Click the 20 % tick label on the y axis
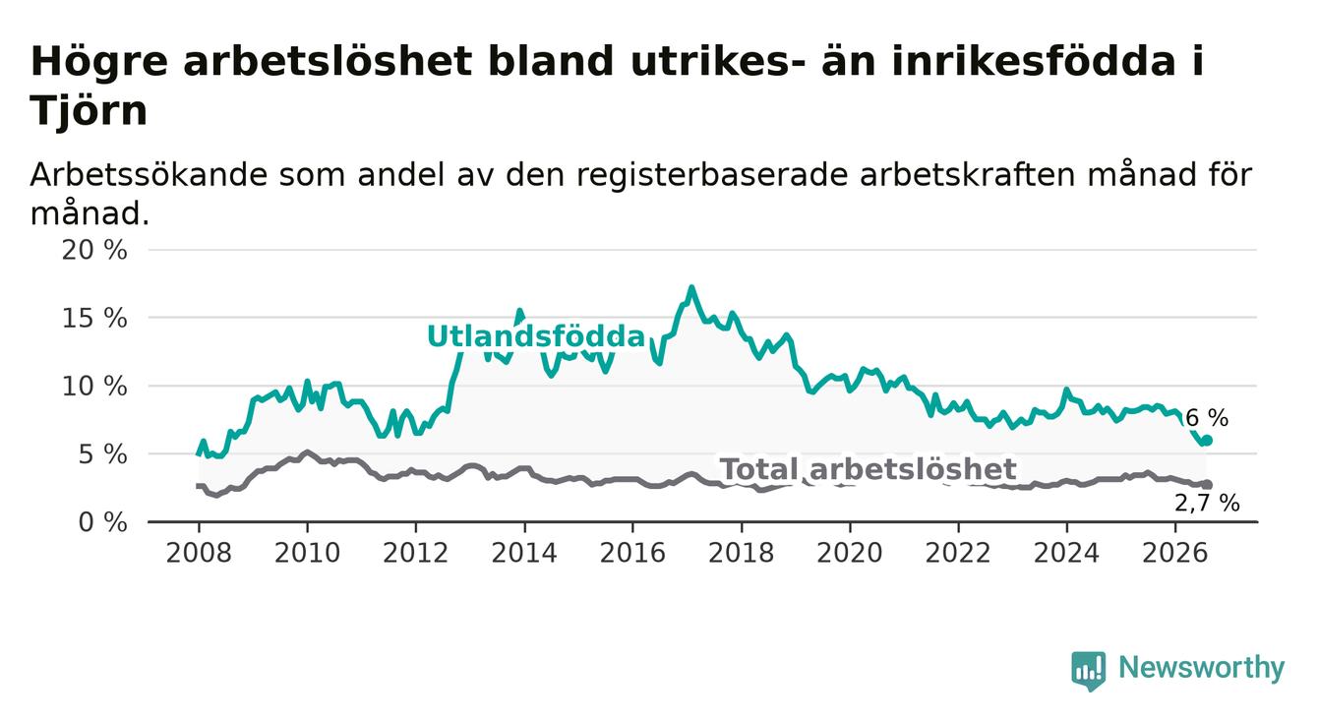(94, 251)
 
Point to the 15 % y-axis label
(94, 319)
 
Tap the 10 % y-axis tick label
(94, 387)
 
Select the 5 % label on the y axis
(103, 454)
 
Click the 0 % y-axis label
(103, 522)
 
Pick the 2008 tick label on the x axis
(199, 553)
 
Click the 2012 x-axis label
(415, 553)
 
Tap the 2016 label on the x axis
(632, 553)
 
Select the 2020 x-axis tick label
(850, 553)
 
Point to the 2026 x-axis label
(1175, 553)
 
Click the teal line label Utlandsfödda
(536, 336)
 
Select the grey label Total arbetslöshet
(869, 469)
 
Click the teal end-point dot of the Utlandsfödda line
(1207, 440)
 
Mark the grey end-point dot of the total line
(1207, 484)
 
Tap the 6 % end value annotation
(1207, 418)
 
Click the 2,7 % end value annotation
(1207, 504)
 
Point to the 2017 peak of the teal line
(691, 288)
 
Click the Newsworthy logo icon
(1089, 671)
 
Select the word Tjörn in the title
(89, 110)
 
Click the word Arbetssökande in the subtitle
(149, 175)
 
